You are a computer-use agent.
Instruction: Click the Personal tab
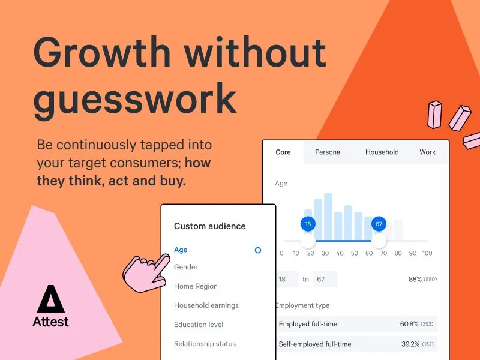pyautogui.click(x=328, y=152)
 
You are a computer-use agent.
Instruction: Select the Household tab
pyautogui.click(x=382, y=152)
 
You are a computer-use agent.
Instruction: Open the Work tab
pyautogui.click(x=427, y=152)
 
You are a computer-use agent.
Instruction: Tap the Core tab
pyautogui.click(x=283, y=152)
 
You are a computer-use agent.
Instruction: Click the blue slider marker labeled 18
pyautogui.click(x=308, y=224)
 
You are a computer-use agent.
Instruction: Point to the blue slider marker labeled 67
pyautogui.click(x=379, y=224)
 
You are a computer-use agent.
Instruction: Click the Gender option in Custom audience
pyautogui.click(x=186, y=267)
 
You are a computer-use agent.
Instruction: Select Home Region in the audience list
pyautogui.click(x=196, y=286)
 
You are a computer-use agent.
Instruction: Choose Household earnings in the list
pyautogui.click(x=206, y=305)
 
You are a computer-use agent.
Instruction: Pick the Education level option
pyautogui.click(x=199, y=325)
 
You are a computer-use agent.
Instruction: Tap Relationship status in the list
pyautogui.click(x=205, y=344)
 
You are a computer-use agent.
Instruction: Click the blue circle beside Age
pyautogui.click(x=258, y=250)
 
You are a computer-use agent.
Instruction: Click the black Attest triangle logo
pyautogui.click(x=51, y=299)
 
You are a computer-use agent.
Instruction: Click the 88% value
pyautogui.click(x=415, y=279)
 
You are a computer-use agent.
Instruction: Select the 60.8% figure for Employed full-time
pyautogui.click(x=409, y=324)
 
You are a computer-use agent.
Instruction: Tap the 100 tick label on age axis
pyautogui.click(x=427, y=253)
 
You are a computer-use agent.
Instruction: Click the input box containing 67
pyautogui.click(x=325, y=279)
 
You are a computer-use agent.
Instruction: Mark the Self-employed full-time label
pyautogui.click(x=315, y=344)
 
